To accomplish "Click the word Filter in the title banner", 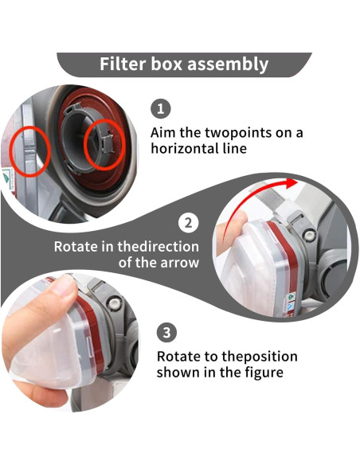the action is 123,64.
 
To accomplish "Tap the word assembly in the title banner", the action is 228,64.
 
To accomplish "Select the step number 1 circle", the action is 160,108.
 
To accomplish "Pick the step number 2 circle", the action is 188,222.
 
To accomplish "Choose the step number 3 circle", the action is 166,332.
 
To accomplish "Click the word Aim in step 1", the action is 163,132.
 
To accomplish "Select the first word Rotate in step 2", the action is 76,247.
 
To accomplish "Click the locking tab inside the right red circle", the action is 108,143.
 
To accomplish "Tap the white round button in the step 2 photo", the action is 309,236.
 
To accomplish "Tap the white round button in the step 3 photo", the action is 114,303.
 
